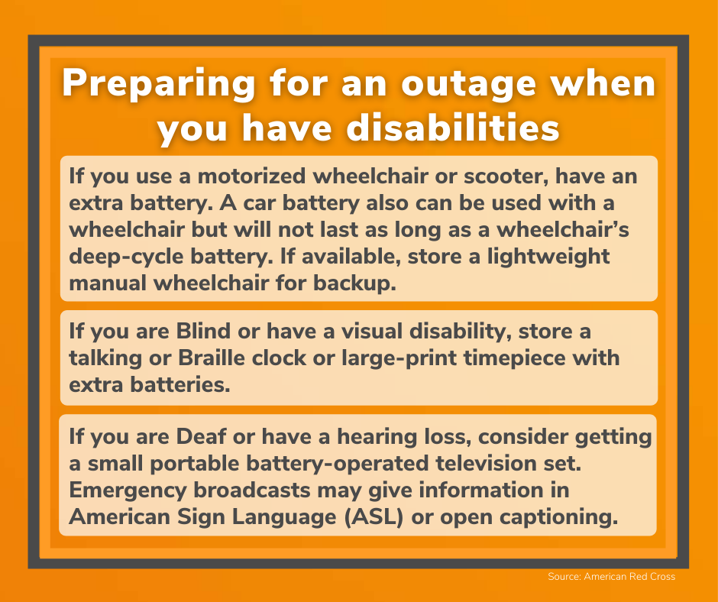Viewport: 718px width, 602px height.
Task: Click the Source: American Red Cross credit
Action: [611, 577]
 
